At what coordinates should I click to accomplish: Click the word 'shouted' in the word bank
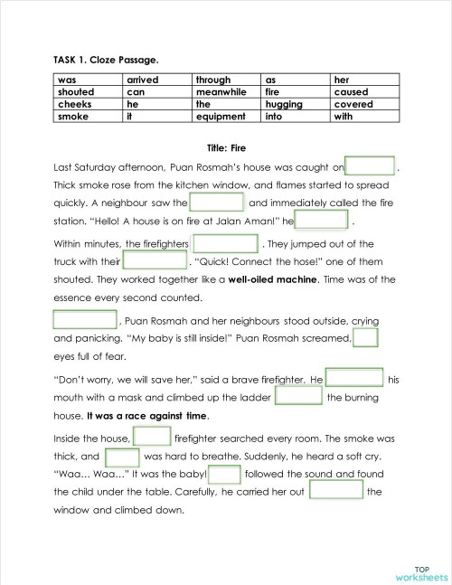tap(76, 92)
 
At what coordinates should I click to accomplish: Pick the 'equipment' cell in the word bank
tap(221, 117)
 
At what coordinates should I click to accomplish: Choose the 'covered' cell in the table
tap(353, 104)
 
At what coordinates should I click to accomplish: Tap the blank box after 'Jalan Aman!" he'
tap(322, 221)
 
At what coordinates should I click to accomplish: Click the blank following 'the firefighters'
tap(226, 244)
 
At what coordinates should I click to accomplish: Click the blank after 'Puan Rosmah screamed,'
tap(365, 338)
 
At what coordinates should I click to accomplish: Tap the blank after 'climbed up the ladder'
tap(298, 397)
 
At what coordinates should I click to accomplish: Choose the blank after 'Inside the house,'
tap(153, 438)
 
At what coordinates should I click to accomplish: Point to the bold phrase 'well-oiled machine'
tap(274, 279)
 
